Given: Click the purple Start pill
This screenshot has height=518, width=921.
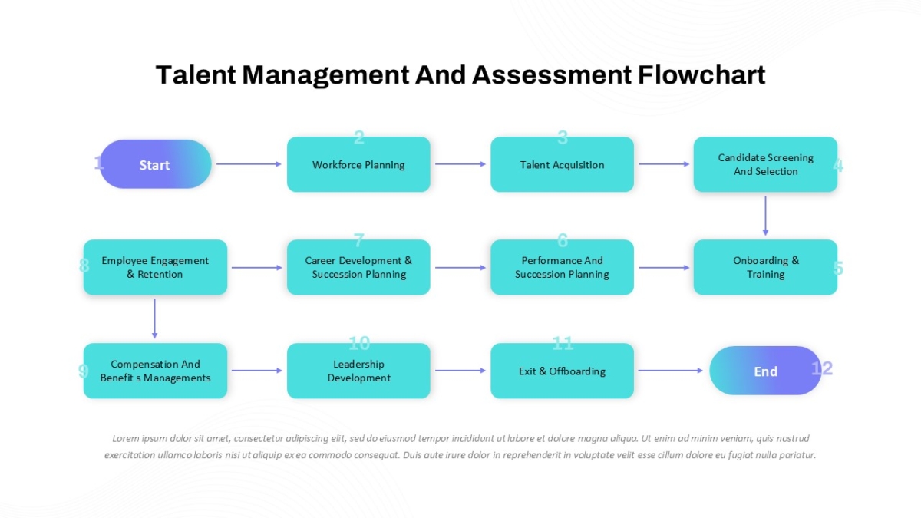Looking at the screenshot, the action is (155, 164).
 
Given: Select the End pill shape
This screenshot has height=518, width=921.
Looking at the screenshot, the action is (765, 371).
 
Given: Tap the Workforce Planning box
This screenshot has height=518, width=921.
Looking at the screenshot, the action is (358, 164).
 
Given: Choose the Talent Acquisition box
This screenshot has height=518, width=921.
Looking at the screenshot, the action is (562, 164).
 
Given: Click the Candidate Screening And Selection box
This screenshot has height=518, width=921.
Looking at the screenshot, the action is (765, 164).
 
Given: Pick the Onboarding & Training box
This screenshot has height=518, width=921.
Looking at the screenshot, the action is (765, 267).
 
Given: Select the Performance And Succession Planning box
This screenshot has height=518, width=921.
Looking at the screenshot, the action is (562, 267).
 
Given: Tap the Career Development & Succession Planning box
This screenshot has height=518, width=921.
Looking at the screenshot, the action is (358, 267).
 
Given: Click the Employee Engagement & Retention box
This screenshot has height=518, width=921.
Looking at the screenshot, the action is (155, 267).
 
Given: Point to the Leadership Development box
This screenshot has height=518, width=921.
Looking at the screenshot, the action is (358, 371).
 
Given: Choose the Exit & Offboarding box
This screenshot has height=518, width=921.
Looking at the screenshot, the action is (562, 371).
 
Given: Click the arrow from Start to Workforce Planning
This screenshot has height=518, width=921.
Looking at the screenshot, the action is (249, 164).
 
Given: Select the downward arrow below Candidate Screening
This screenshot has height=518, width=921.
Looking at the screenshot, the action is (765, 216).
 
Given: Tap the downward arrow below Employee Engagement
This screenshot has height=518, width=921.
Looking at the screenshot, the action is (154, 318).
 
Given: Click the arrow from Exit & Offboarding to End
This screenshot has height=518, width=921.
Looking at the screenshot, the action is (671, 371).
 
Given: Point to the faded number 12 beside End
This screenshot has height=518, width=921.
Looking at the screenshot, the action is (822, 368).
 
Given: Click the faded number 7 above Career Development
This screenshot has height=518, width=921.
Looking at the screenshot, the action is (359, 240).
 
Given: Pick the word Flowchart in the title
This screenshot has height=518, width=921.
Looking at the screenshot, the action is (701, 75).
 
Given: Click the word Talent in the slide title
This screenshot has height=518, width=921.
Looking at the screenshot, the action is (196, 75).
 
